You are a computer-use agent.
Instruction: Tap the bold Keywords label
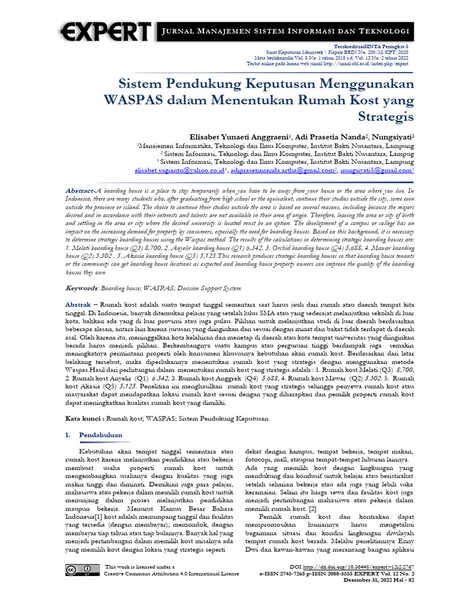tap(81, 288)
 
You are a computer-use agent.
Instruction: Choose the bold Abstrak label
tap(78, 304)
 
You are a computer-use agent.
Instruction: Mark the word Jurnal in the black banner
tap(179, 30)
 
